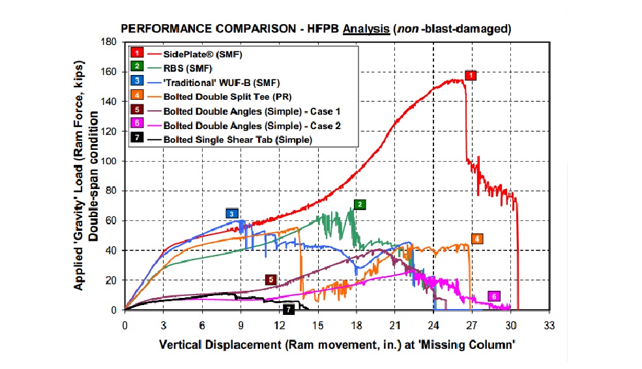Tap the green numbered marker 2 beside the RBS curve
(359, 204)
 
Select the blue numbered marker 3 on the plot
(233, 213)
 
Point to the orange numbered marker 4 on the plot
(477, 239)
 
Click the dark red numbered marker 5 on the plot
(271, 279)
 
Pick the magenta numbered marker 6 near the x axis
(495, 297)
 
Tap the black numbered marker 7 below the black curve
(289, 309)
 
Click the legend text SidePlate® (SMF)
(204, 53)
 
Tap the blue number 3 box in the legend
(137, 81)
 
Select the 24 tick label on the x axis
(434, 324)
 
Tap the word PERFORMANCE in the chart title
(156, 29)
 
